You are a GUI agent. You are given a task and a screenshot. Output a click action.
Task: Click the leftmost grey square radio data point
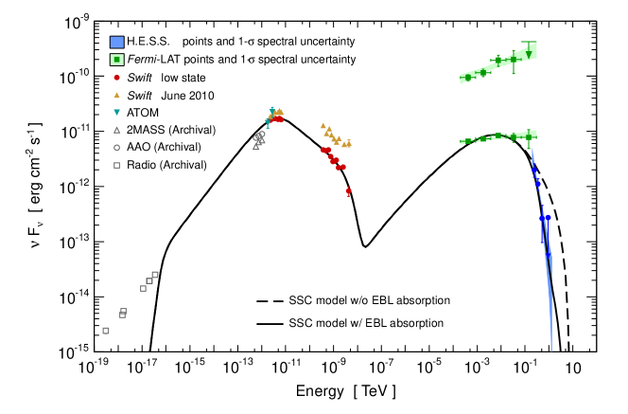pyautogui.click(x=105, y=331)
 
